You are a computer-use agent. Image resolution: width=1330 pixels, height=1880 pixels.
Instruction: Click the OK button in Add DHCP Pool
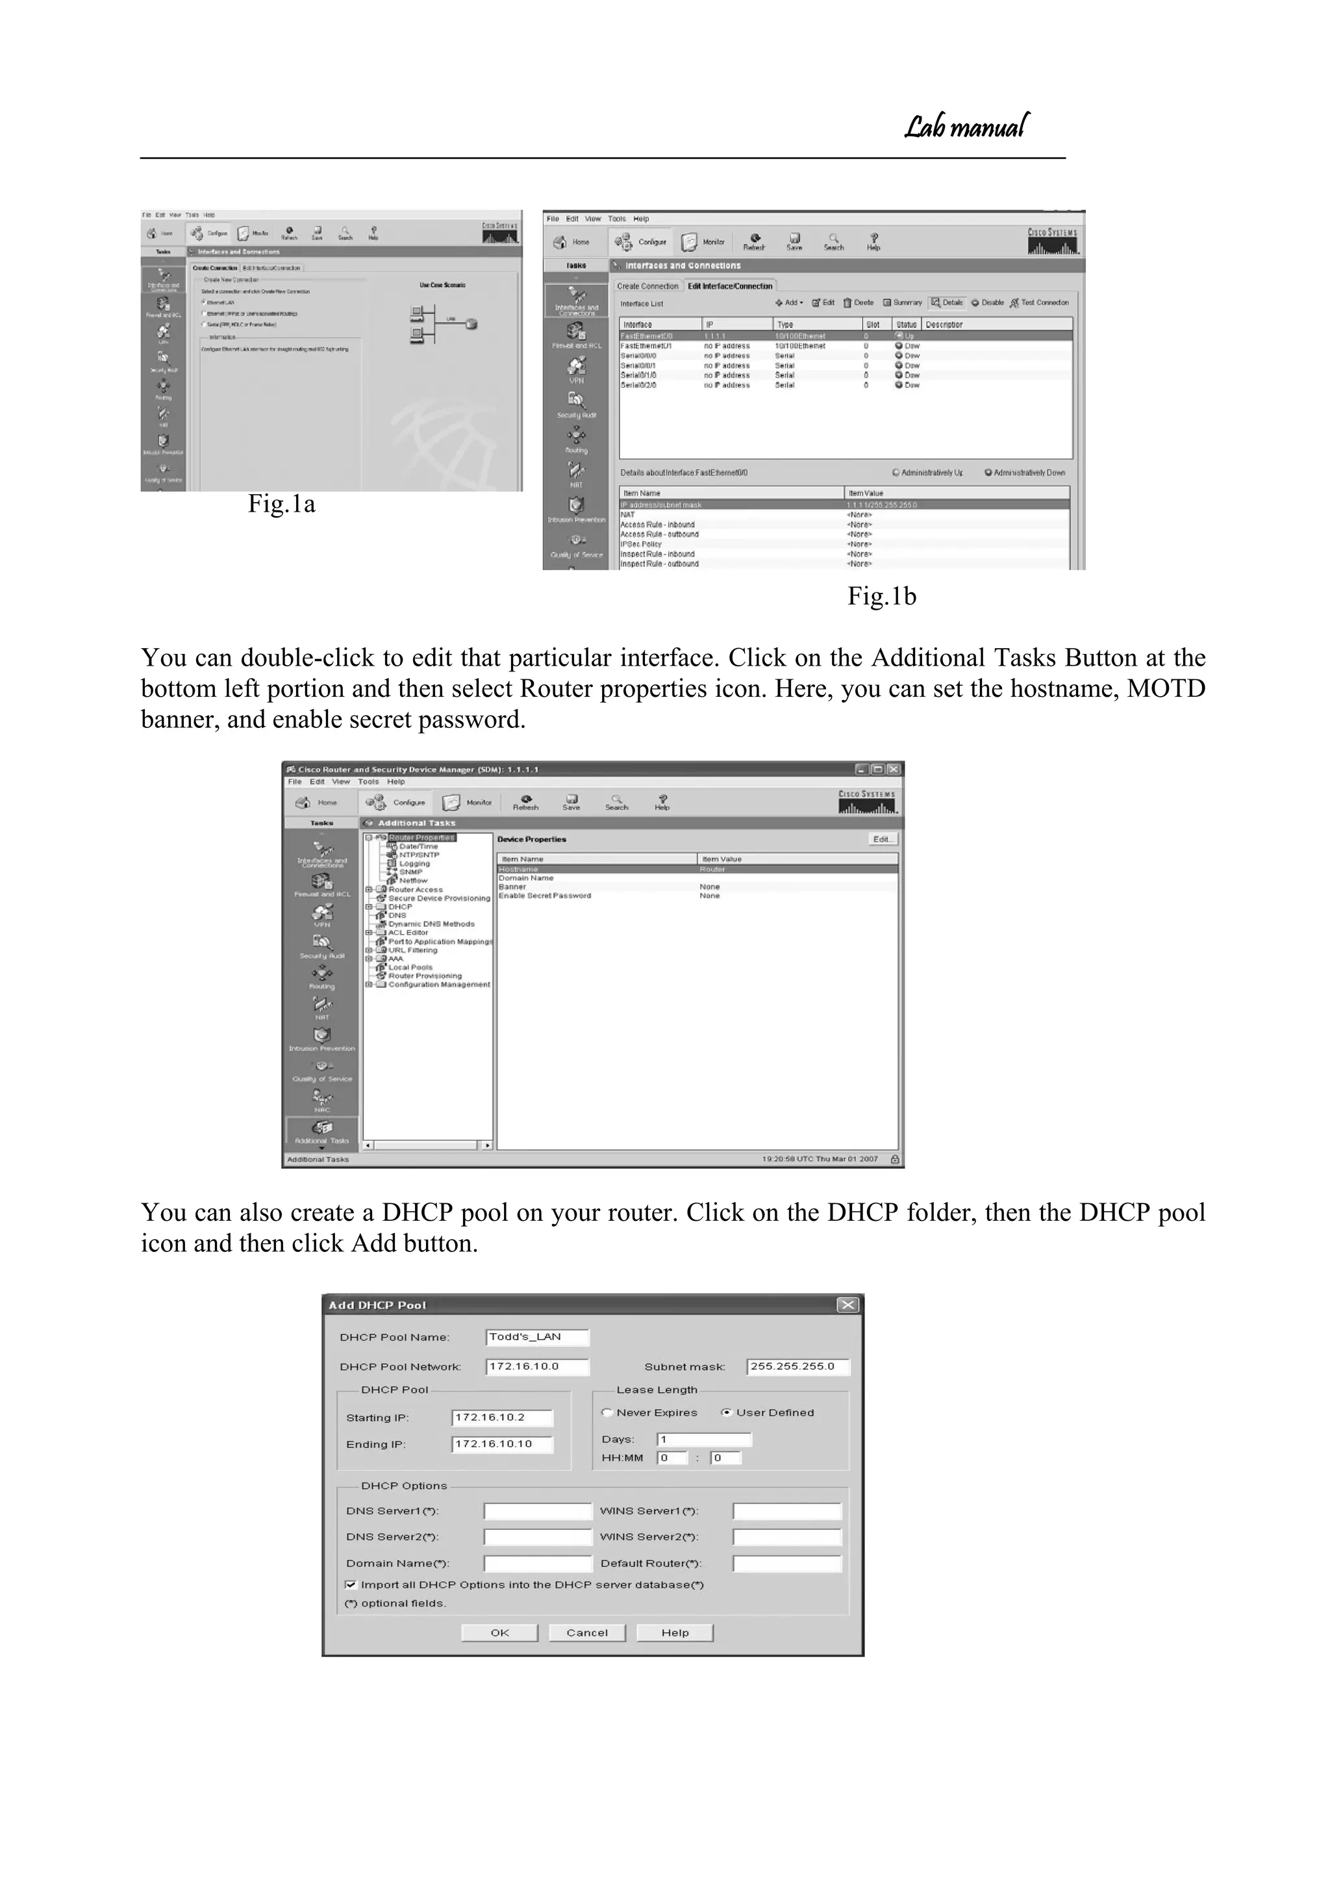click(x=499, y=1633)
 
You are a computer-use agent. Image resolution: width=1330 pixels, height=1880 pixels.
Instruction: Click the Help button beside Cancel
click(x=675, y=1633)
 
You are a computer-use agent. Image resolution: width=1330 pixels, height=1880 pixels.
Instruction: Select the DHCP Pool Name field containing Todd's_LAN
click(x=536, y=1337)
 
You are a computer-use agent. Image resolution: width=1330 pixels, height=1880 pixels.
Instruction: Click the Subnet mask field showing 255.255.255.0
click(x=797, y=1366)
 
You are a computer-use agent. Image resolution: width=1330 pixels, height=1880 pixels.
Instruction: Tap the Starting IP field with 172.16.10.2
click(x=502, y=1418)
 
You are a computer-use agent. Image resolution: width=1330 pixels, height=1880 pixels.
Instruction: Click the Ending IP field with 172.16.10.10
click(x=502, y=1444)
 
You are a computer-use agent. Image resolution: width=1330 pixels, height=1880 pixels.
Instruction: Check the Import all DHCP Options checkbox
click(x=351, y=1585)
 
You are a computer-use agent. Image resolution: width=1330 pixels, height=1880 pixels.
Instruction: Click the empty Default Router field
click(x=786, y=1564)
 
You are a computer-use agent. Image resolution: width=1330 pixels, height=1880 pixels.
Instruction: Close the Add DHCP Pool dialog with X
click(x=847, y=1305)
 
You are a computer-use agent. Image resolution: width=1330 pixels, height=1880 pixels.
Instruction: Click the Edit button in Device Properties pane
click(x=883, y=839)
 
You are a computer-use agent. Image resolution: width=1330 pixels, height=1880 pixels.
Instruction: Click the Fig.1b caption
click(x=881, y=596)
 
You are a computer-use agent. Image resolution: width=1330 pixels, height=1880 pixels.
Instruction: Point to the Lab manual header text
click(x=966, y=127)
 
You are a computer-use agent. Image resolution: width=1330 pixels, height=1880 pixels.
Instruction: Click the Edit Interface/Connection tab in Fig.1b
click(x=730, y=286)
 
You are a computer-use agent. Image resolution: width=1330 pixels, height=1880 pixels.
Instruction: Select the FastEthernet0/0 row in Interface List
click(x=844, y=336)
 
